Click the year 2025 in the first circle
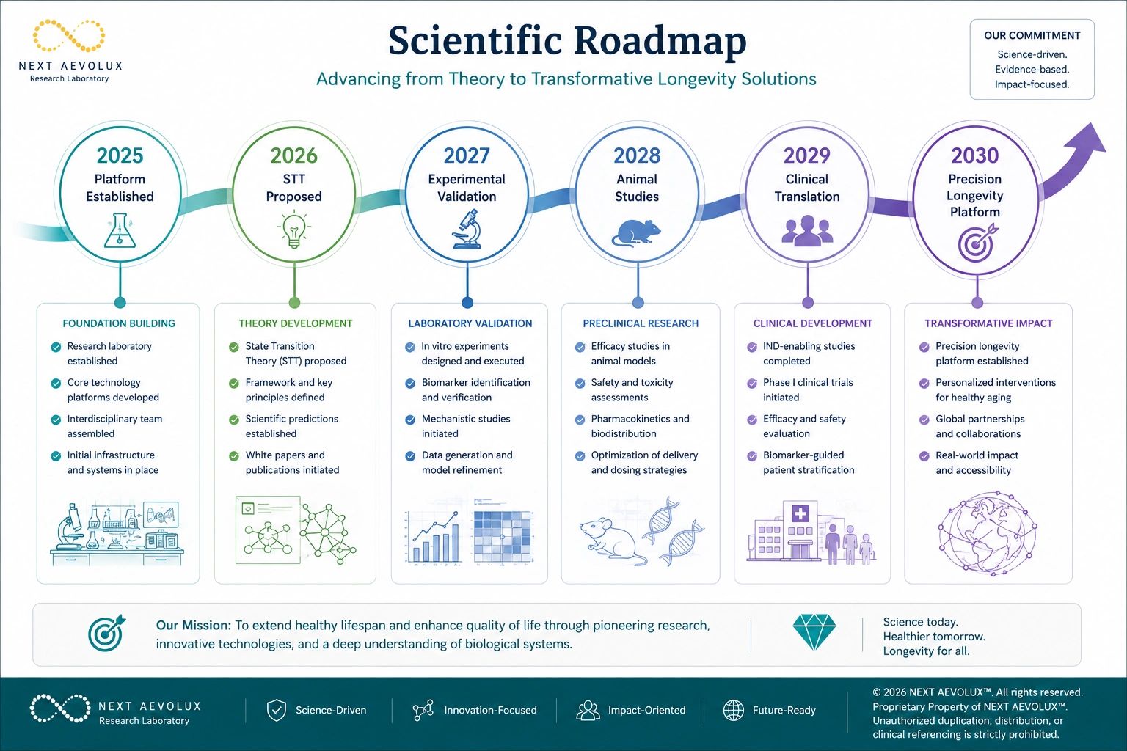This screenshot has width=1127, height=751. point(120,155)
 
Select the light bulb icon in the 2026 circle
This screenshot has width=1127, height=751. point(293,230)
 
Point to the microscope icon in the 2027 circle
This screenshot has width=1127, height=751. point(467,230)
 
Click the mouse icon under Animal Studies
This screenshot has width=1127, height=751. point(636,233)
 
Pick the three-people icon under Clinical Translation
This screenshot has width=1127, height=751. point(807,231)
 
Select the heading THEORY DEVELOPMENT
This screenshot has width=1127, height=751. point(296,323)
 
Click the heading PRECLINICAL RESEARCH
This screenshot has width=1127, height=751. point(641,323)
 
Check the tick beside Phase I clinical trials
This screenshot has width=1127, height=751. point(752,384)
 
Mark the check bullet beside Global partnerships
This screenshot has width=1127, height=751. point(924,420)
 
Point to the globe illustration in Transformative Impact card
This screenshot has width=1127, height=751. point(987,534)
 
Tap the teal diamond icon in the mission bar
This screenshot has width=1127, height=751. point(814,631)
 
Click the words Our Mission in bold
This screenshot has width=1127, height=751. point(193,626)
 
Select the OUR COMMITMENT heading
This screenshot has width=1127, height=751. point(1032,36)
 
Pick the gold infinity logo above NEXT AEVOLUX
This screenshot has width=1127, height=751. point(69,36)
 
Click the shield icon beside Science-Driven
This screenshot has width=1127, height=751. point(276,710)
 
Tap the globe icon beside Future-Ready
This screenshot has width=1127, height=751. point(733,710)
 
